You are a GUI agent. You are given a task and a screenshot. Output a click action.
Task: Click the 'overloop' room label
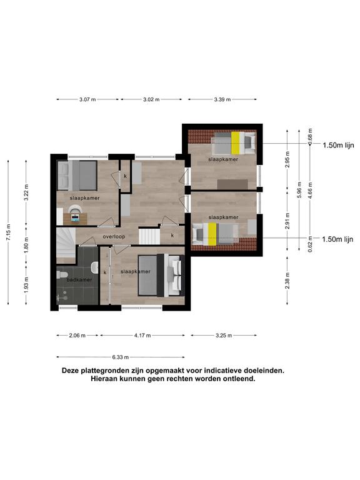pos(114,237)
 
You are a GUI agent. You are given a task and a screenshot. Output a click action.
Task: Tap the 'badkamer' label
pos(79,279)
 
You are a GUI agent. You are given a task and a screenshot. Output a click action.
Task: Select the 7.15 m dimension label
pos(8,232)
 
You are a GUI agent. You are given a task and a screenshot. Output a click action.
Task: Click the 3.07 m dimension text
pos(87,99)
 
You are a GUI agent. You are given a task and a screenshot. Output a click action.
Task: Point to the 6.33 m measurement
pos(120,357)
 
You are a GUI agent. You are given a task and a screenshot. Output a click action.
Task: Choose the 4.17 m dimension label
pos(142,336)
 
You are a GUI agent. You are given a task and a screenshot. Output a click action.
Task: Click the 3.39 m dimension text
pos(222,99)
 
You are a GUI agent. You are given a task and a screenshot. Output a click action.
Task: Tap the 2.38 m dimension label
pos(287,281)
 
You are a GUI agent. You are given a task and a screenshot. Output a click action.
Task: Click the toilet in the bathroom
pos(62,274)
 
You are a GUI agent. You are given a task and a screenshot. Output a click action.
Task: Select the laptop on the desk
pos(75,217)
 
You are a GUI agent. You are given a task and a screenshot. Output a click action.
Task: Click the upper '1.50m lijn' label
pos(338,145)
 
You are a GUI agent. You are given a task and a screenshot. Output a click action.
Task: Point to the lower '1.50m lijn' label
pos(337,239)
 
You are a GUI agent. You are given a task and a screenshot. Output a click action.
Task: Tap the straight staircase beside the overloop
pos(149,237)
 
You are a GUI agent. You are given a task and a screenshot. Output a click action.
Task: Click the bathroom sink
pos(94,267)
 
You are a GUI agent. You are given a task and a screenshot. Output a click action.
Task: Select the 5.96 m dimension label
pos(299,190)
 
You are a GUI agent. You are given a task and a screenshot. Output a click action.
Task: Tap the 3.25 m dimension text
pos(224,336)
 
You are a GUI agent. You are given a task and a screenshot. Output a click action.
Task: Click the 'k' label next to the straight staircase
pos(172,236)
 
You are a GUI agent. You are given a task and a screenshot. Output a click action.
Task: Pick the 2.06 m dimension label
pos(77,336)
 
